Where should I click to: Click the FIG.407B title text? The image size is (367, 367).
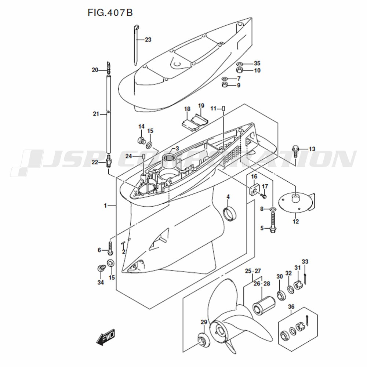click(110, 13)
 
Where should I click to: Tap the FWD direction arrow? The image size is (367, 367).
click(106, 337)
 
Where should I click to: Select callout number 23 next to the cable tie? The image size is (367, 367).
click(148, 40)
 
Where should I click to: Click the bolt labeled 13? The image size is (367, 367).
click(295, 149)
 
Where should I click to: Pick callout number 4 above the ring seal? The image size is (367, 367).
click(228, 197)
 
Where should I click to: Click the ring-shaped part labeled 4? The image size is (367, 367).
click(230, 214)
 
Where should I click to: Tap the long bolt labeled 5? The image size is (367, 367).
click(273, 222)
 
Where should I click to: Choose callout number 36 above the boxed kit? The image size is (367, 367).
click(291, 307)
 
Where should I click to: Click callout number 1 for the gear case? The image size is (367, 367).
click(105, 206)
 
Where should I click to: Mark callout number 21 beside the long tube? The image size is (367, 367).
click(96, 114)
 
